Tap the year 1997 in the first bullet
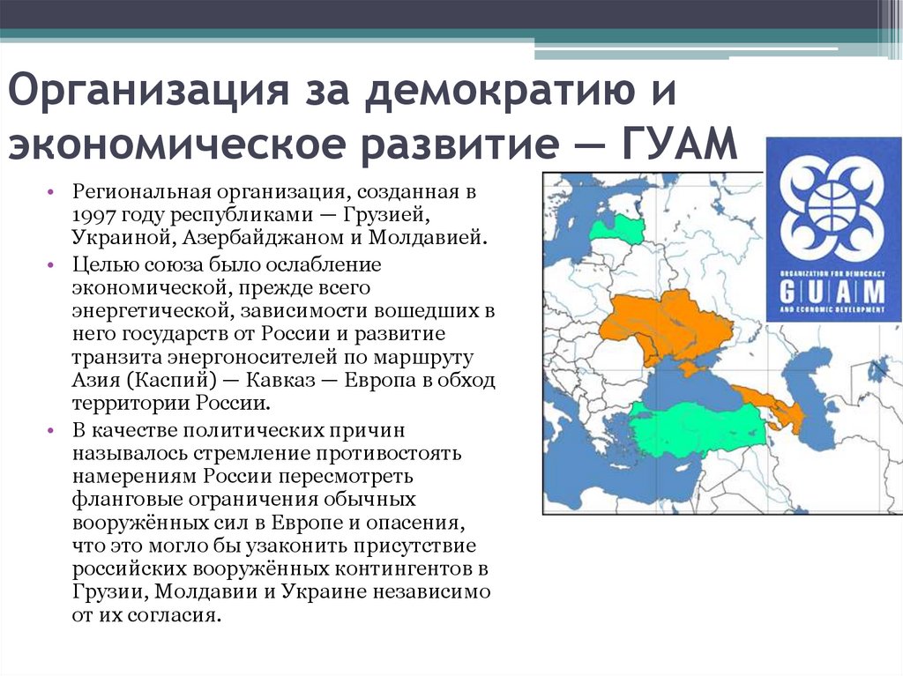point(94,214)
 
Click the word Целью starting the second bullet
point(98,264)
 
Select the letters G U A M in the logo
point(832,291)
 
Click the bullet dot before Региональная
point(54,192)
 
